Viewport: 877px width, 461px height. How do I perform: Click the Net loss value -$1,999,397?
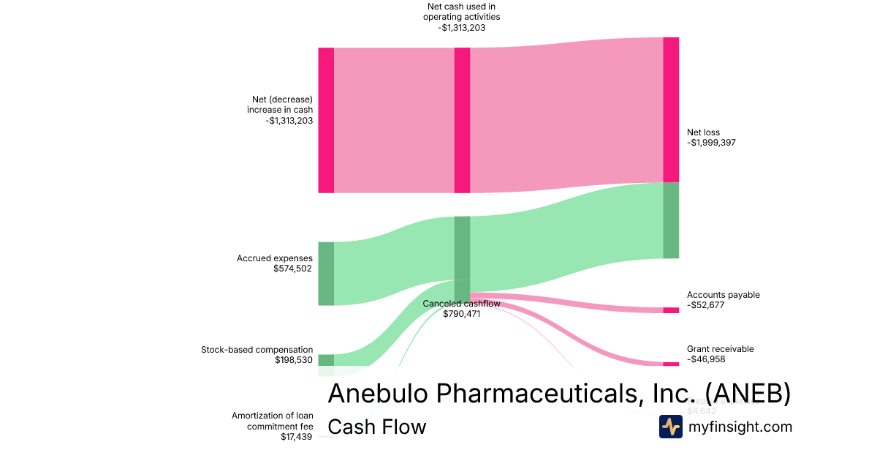coord(711,143)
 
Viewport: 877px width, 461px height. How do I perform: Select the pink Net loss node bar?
coord(671,110)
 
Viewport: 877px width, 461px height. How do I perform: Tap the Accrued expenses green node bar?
coord(326,273)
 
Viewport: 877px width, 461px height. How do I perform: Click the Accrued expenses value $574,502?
coord(292,269)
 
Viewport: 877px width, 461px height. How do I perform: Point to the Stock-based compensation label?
coord(257,350)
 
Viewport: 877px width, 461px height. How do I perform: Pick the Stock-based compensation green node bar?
coord(326,360)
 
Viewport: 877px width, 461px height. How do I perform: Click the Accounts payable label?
coord(723,295)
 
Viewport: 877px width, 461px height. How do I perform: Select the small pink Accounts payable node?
coord(671,310)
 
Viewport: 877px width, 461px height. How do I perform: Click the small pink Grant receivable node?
coord(671,364)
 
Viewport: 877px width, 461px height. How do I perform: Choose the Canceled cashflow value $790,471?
coord(461,314)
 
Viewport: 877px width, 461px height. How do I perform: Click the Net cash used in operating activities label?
coord(462,12)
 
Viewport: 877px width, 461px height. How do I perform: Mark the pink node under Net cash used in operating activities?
coord(462,120)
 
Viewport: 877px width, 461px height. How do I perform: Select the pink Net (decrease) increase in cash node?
coord(326,120)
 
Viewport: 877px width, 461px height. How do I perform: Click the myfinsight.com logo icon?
coord(671,427)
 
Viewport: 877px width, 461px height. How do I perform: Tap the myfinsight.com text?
coord(740,427)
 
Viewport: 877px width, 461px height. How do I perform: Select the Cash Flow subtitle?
coord(376,427)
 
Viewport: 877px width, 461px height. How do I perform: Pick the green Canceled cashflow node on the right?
coord(671,220)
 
